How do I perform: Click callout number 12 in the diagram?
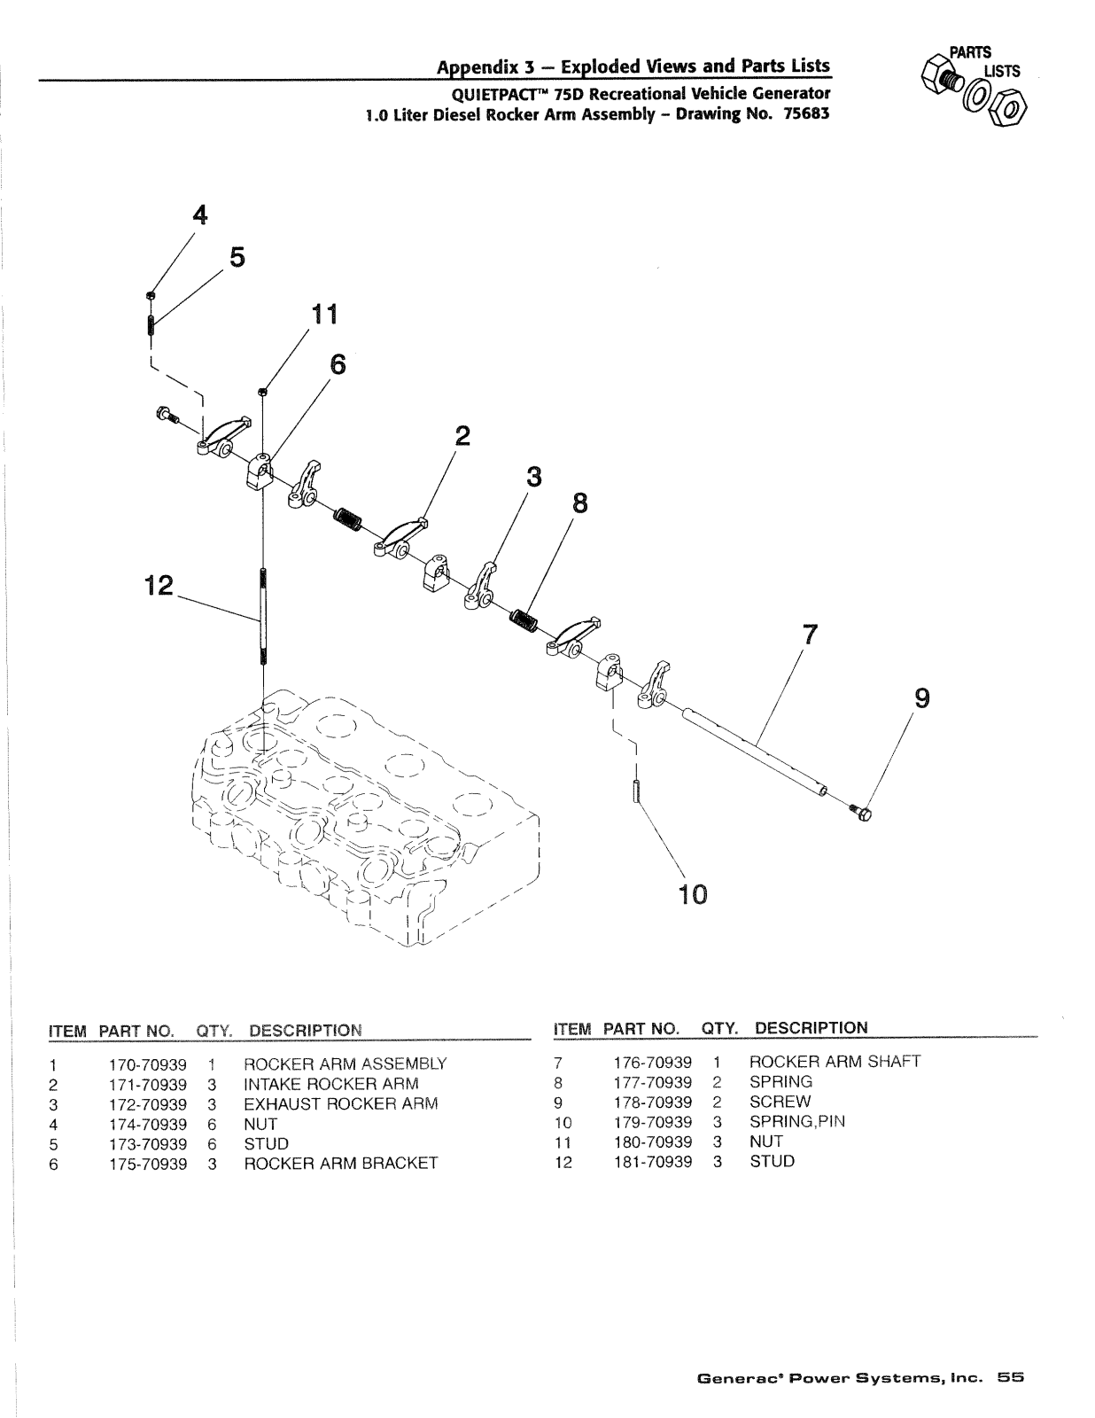[159, 585]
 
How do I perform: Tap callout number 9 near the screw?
[922, 699]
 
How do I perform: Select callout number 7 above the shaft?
[810, 635]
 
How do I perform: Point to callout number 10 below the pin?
[693, 894]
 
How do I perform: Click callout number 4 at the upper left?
[200, 214]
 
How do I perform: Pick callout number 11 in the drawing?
[325, 315]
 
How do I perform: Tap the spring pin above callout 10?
[636, 792]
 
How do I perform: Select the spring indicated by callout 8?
[524, 619]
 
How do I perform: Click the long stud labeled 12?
[263, 616]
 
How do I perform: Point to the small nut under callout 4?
[150, 295]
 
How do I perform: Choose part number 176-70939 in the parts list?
[652, 1063]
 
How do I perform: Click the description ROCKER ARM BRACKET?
[340, 1164]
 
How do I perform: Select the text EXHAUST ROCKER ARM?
[340, 1104]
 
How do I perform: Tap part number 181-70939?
[652, 1162]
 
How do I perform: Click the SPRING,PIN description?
[797, 1122]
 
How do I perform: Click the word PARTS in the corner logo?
[970, 52]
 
